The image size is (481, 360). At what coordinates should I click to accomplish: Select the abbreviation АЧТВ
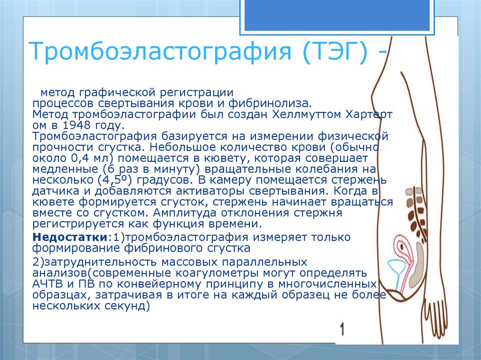(x=47, y=284)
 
